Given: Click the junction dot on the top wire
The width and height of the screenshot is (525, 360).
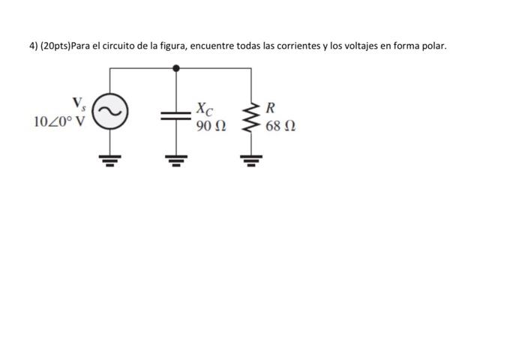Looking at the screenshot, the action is (176, 67).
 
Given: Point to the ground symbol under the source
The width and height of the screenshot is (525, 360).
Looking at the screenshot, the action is (110, 159).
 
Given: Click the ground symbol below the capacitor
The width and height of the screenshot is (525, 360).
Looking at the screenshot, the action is (176, 159).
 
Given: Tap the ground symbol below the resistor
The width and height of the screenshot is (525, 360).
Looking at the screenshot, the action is (250, 159).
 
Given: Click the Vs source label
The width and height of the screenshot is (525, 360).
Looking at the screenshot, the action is (78, 103).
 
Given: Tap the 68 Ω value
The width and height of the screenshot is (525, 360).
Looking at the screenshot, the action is (279, 126).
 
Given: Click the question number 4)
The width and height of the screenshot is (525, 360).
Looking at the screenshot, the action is (34, 46).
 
